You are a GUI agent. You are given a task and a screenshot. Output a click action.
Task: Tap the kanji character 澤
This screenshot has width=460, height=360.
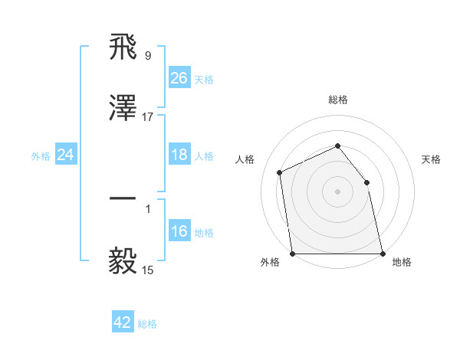(x=123, y=110)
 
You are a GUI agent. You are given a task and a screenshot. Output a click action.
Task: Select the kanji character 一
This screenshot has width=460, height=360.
(x=123, y=198)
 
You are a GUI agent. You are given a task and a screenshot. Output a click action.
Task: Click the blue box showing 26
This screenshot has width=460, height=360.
(x=179, y=77)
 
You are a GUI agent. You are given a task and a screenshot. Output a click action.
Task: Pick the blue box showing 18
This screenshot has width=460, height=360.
(x=179, y=155)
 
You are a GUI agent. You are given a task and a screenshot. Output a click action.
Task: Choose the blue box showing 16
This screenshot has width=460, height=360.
(x=179, y=231)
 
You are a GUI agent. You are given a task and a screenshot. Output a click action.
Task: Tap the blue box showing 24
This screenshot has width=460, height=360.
(x=66, y=155)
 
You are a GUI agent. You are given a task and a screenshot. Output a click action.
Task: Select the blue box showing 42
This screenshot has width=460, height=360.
(x=123, y=322)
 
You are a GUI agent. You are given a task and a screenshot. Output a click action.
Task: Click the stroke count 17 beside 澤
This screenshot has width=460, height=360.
(x=148, y=117)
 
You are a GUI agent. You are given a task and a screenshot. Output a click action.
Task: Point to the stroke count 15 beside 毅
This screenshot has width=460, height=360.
(x=148, y=270)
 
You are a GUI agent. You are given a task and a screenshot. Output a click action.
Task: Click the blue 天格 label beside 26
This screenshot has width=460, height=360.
(x=204, y=79)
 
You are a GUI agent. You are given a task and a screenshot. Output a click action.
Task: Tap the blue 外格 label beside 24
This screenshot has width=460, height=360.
(x=41, y=155)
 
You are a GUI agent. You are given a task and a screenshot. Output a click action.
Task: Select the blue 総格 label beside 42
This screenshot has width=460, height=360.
(x=147, y=324)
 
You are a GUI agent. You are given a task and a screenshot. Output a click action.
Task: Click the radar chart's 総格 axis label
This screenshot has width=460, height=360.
(x=338, y=100)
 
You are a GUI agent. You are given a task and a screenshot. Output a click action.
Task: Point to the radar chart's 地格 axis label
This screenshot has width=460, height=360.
(x=402, y=262)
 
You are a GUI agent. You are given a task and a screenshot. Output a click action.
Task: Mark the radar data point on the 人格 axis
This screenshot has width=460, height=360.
(x=280, y=172)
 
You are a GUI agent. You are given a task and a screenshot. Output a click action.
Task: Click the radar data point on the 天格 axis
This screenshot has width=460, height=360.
(x=366, y=182)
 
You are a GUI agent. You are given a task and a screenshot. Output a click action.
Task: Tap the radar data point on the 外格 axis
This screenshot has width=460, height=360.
(x=293, y=254)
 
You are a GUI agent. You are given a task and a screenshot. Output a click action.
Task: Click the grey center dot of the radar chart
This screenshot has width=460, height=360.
(x=338, y=191)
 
